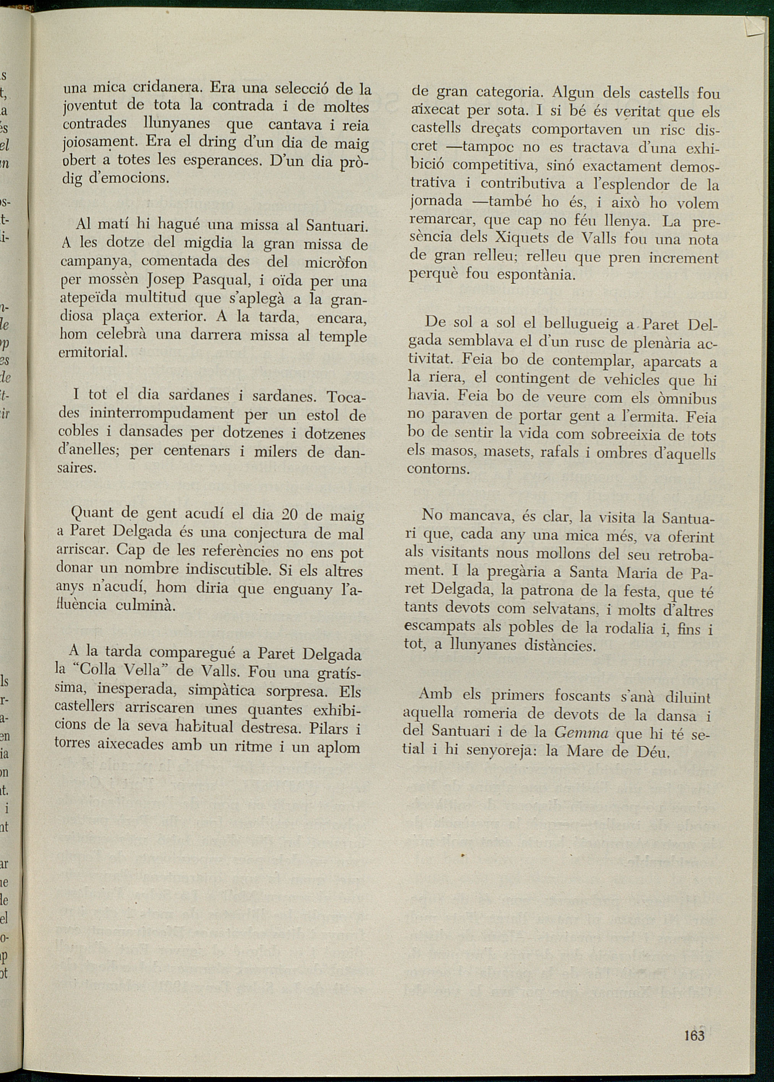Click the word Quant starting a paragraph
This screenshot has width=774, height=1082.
(x=92, y=513)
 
